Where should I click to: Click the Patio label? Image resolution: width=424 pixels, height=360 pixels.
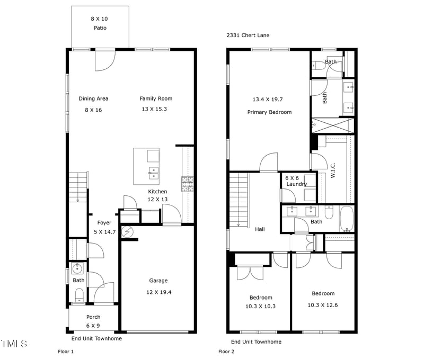pos(100,28)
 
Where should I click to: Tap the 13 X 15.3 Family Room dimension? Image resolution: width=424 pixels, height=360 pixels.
pos(154,109)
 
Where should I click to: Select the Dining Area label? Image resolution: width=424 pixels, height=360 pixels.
pos(94,98)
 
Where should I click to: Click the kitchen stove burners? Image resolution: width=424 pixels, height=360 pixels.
pos(188,184)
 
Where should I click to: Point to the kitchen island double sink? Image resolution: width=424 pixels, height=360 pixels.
pos(153,173)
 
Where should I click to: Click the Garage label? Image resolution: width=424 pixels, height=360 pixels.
pos(158,281)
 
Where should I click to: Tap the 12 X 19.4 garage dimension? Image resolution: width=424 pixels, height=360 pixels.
pos(158,292)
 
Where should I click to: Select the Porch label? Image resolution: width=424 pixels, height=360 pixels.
pos(93,317)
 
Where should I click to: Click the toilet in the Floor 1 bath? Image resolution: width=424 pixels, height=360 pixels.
pos(79,295)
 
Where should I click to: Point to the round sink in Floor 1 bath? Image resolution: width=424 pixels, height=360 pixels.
pos(77,269)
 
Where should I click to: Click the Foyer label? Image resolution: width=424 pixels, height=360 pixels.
pos(104,223)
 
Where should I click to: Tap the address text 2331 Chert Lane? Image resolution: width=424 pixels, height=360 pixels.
pos(248,35)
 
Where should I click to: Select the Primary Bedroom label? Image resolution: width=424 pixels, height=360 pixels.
pos(270,112)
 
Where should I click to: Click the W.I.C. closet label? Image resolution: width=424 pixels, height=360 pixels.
pos(333,170)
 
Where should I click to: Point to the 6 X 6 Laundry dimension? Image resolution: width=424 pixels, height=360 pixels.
pos(292,178)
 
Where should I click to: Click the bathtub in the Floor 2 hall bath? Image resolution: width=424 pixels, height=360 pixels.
pos(347,219)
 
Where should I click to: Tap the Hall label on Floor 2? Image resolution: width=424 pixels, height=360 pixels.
pos(260,229)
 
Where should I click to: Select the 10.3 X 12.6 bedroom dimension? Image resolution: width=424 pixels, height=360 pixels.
pos(323,305)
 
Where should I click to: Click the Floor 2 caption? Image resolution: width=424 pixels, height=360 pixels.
pos(226,352)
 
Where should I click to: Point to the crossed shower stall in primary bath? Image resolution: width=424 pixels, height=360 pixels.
pos(333,125)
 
